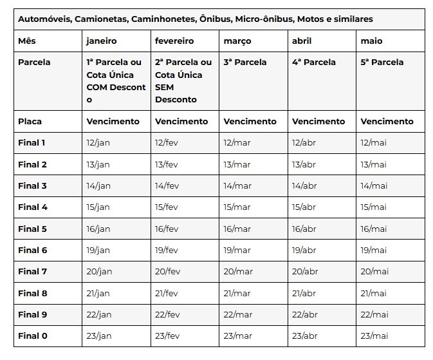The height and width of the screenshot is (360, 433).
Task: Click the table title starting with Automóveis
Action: (195, 19)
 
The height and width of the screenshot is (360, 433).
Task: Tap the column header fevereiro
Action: (174, 41)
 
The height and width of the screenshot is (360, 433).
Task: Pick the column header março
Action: (237, 41)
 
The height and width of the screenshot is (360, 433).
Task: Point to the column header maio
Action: (372, 41)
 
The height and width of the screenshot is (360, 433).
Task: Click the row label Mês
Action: (27, 41)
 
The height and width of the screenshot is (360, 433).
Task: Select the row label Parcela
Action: (34, 62)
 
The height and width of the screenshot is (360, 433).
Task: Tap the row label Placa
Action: (30, 121)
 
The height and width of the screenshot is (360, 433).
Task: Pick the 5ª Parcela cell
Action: (383, 62)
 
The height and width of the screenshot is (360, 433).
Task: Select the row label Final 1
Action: (32, 142)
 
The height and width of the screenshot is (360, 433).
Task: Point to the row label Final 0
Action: (32, 336)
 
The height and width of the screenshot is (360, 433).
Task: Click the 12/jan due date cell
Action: (98, 142)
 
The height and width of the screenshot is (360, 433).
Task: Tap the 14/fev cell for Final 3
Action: (167, 185)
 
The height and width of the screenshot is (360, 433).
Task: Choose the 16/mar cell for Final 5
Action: (237, 229)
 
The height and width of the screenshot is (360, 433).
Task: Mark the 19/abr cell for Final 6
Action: (305, 250)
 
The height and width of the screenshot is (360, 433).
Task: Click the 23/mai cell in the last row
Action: (374, 336)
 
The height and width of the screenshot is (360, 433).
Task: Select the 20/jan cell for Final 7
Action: (99, 271)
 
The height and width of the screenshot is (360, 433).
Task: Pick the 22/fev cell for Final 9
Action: (167, 314)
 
